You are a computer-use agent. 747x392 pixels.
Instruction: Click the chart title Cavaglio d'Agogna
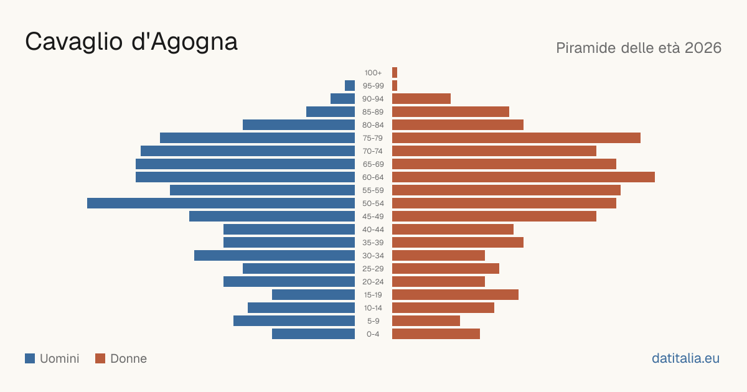click(x=131, y=42)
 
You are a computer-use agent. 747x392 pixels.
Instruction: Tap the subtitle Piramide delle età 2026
click(x=639, y=48)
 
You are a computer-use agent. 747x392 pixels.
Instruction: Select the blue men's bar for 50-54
click(x=221, y=203)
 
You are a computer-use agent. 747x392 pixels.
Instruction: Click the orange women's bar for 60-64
click(x=524, y=177)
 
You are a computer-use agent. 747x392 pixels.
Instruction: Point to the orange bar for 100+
click(x=395, y=73)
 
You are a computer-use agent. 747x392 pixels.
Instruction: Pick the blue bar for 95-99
click(x=350, y=86)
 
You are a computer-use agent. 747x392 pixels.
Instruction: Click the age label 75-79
click(x=373, y=138)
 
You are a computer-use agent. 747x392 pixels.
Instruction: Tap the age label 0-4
click(x=373, y=334)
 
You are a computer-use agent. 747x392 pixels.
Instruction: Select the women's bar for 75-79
click(x=516, y=138)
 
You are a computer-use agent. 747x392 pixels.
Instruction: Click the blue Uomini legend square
click(x=30, y=358)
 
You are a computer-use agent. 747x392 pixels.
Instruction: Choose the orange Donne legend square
click(x=100, y=358)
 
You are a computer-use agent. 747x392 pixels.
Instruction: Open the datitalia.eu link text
click(x=685, y=358)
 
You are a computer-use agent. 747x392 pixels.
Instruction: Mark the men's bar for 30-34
click(x=275, y=256)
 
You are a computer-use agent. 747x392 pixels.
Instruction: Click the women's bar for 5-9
click(x=426, y=321)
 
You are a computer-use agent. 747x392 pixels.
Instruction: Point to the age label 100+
click(x=373, y=73)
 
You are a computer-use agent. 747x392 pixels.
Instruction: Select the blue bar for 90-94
click(x=342, y=99)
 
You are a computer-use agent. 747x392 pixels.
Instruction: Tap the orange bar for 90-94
click(x=421, y=99)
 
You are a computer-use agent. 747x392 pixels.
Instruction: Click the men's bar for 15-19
click(x=314, y=295)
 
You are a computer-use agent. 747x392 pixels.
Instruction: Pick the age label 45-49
click(x=373, y=217)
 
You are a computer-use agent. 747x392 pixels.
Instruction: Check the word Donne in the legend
click(x=128, y=358)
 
